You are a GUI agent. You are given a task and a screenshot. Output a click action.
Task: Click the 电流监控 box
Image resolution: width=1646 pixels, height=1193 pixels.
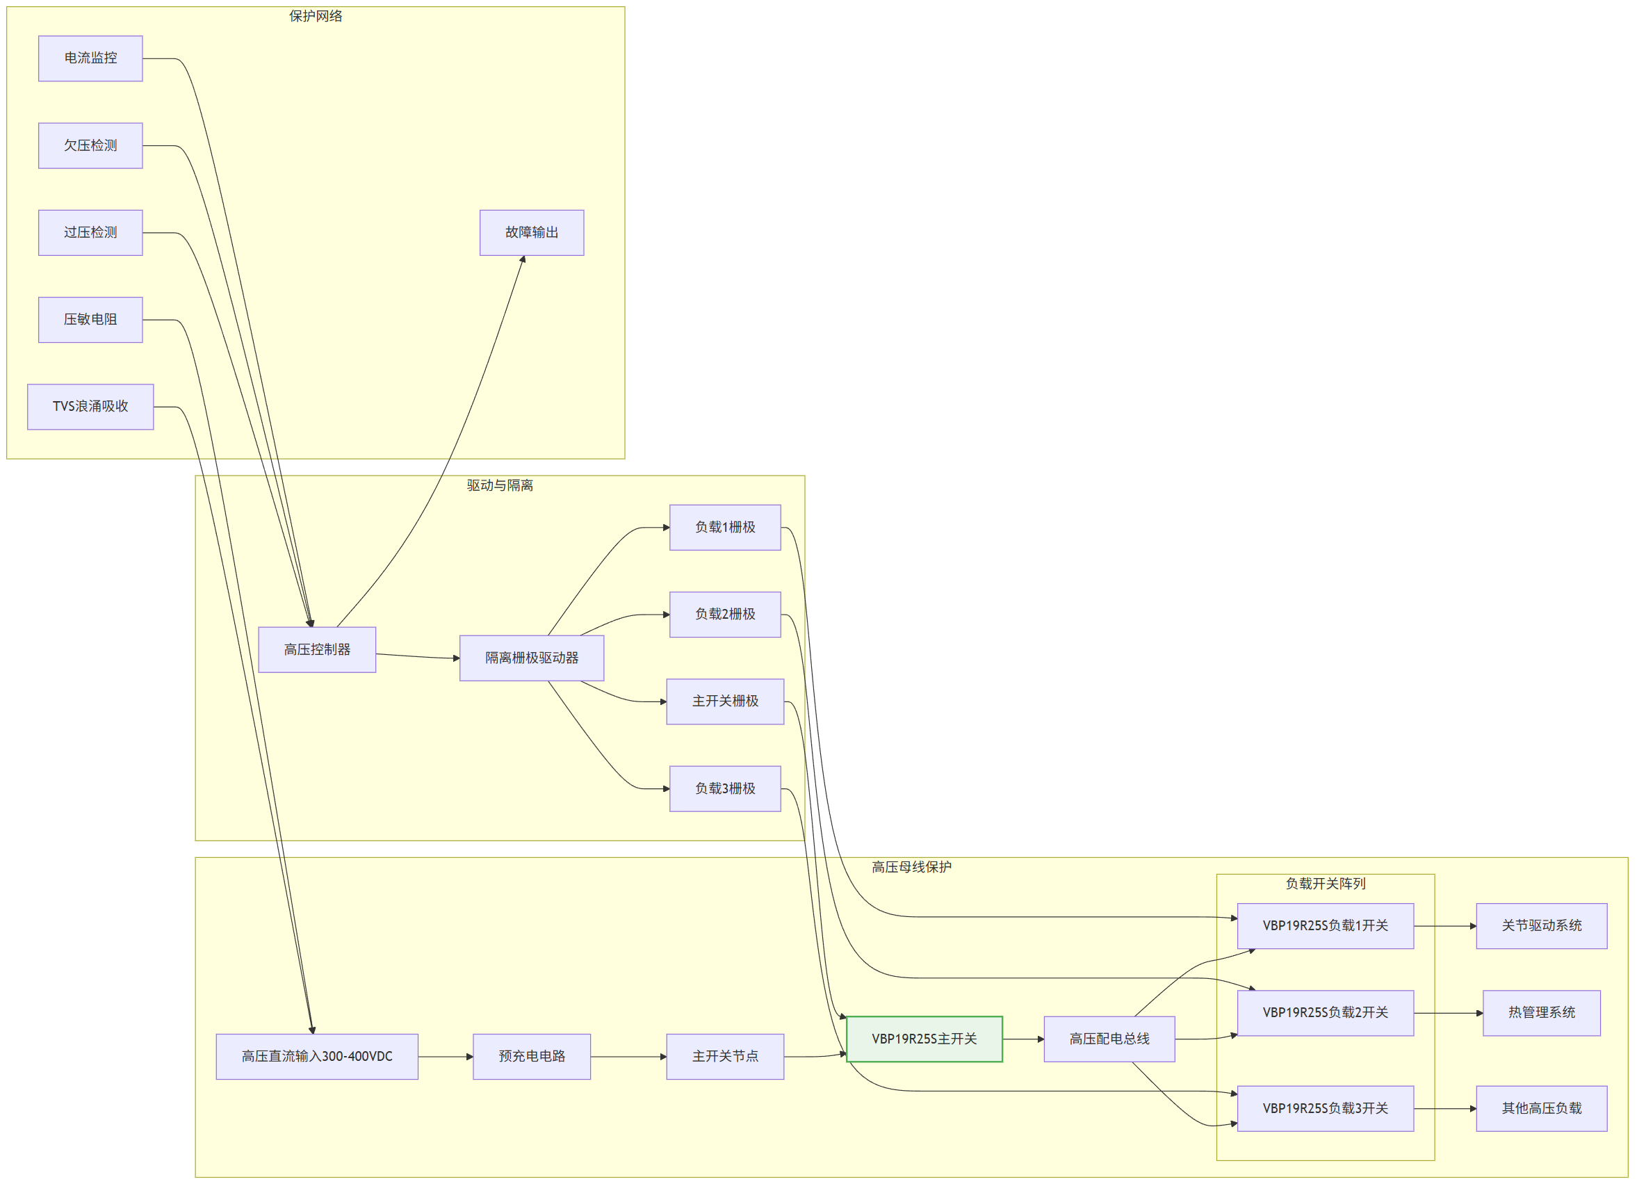tap(91, 59)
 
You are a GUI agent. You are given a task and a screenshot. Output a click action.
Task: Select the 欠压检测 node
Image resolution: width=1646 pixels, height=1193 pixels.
tap(91, 146)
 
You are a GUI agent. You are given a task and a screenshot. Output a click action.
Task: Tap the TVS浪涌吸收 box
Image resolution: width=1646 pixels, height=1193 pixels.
tap(91, 407)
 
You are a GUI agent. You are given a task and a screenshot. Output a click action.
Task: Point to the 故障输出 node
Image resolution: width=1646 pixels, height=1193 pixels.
tap(532, 233)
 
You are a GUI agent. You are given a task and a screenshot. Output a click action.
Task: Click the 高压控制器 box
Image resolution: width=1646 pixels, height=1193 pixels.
tap(317, 650)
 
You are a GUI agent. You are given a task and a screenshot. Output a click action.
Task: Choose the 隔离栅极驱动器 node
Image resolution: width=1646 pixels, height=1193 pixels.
tap(532, 658)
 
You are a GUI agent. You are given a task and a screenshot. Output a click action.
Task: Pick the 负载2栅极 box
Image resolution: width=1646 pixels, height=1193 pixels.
tap(725, 615)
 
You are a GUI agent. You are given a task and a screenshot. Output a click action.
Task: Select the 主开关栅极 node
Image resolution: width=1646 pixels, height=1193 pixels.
tap(725, 701)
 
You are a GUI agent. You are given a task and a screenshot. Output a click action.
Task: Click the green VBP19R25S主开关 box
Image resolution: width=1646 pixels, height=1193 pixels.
tap(924, 1039)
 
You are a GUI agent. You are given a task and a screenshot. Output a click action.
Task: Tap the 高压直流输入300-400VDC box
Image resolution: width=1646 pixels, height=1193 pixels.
tap(317, 1057)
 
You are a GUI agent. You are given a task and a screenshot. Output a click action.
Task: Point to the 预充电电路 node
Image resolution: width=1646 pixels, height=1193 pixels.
tap(532, 1057)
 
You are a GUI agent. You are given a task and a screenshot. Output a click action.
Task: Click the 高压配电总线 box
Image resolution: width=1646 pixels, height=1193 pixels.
tap(1109, 1039)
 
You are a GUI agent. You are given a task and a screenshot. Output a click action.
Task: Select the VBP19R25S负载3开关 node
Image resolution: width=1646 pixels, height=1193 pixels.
tap(1326, 1109)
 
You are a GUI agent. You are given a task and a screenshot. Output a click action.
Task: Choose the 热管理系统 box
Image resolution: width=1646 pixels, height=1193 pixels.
tap(1542, 1013)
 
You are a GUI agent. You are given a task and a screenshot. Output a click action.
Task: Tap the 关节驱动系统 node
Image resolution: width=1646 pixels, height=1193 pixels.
tap(1542, 926)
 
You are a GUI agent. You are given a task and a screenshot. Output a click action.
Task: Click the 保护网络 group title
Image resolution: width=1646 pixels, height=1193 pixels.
tap(316, 16)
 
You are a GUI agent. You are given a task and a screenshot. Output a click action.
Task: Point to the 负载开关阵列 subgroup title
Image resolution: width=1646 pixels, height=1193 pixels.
tap(1326, 884)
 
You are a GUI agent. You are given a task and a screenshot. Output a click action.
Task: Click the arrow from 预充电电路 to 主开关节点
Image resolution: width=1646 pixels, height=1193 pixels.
tap(628, 1057)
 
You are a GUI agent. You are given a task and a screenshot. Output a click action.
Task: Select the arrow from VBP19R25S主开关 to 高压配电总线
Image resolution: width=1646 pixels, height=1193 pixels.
tap(1023, 1039)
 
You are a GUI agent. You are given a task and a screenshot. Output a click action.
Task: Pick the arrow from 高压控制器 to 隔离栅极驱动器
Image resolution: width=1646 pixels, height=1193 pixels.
tap(418, 656)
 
